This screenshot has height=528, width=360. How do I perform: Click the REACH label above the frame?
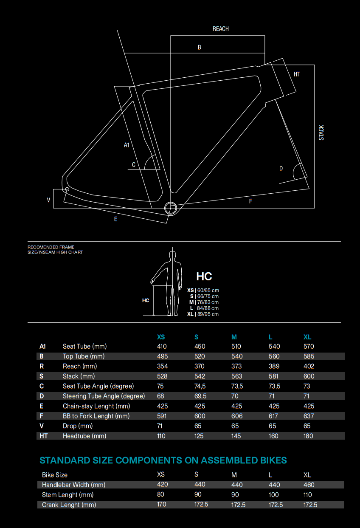pyautogui.click(x=220, y=29)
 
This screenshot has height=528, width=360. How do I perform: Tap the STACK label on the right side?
pyautogui.click(x=321, y=132)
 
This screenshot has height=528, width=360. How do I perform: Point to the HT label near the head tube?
pyautogui.click(x=297, y=74)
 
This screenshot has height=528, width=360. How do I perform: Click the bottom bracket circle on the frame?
pyautogui.click(x=170, y=208)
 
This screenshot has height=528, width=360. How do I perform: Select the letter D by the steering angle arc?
pyautogui.click(x=281, y=169)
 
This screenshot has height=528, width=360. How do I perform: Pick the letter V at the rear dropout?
pyautogui.click(x=49, y=200)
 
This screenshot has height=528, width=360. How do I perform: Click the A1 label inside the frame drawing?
pyautogui.click(x=127, y=145)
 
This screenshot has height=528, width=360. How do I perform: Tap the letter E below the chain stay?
pyautogui.click(x=115, y=219)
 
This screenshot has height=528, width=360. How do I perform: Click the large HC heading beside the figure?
pyautogui.click(x=204, y=277)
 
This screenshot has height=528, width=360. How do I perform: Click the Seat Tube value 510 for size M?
pyautogui.click(x=236, y=346)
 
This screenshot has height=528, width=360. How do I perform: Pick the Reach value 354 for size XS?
pyautogui.click(x=162, y=366)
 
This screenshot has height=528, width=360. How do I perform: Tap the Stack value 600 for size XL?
pyautogui.click(x=309, y=376)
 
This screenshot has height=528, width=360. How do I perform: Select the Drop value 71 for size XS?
pyautogui.click(x=160, y=426)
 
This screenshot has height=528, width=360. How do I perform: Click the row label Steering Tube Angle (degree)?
pyautogui.click(x=104, y=396)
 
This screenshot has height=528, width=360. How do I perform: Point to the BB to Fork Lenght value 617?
pyautogui.click(x=274, y=416)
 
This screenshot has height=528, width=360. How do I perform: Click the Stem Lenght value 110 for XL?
pyautogui.click(x=307, y=494)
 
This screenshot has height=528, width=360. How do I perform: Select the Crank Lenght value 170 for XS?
pyautogui.click(x=161, y=504)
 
